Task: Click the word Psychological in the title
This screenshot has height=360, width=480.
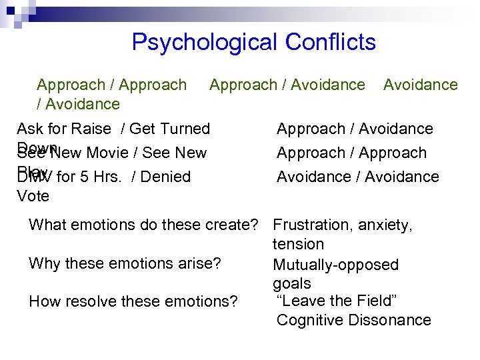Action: (x=204, y=42)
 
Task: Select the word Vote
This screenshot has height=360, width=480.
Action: (x=33, y=196)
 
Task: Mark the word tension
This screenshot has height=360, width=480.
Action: (x=299, y=245)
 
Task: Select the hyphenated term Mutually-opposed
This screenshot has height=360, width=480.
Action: (x=335, y=265)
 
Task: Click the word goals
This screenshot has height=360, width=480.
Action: (x=292, y=284)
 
